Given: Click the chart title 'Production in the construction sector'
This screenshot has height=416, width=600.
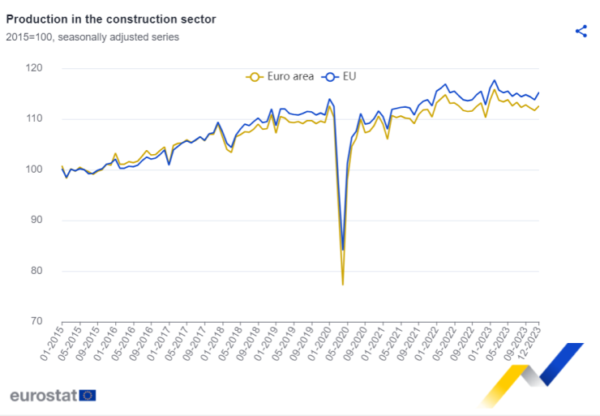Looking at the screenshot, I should coord(111,18).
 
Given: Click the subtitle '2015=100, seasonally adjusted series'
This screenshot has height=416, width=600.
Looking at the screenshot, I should coord(92,36).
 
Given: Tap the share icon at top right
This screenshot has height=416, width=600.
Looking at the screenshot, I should coord(581,31).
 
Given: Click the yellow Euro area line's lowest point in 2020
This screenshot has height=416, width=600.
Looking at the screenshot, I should coord(343,285).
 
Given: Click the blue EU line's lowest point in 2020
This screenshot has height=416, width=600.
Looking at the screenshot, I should coord(343,250).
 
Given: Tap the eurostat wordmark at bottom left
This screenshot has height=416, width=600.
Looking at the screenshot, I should coord(44,396).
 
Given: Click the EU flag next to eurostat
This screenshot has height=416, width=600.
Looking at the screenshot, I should coord(88,396).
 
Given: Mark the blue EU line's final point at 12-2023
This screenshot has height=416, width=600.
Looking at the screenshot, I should coord(538,92).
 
